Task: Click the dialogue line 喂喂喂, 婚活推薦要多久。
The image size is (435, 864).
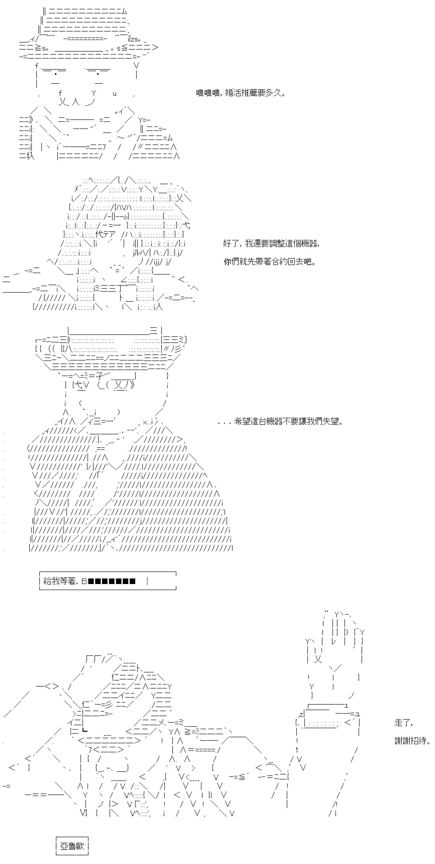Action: click(241, 93)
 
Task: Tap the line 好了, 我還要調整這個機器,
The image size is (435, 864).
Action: click(271, 243)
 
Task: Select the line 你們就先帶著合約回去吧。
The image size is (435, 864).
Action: click(270, 262)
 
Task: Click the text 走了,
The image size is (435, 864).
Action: click(404, 722)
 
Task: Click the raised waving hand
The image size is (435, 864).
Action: click(335, 652)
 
